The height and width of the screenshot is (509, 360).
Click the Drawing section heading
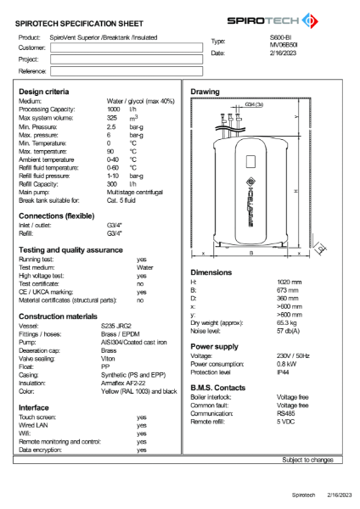[x=205, y=91]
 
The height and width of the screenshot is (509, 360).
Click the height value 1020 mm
[x=290, y=282]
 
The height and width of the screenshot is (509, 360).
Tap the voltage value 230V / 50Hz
[x=294, y=355]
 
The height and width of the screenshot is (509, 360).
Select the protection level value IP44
[x=284, y=372]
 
